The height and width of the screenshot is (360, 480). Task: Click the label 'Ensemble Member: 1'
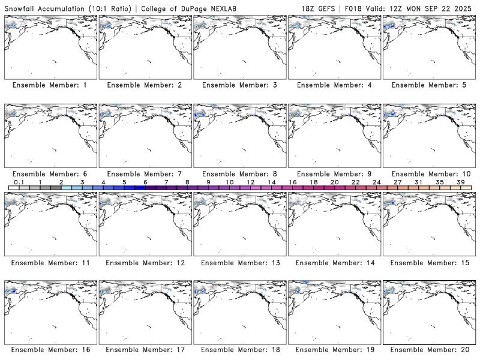pos(49,85)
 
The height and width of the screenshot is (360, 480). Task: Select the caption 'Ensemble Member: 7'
pos(144,174)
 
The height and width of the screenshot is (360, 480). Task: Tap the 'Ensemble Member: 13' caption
pos(239,263)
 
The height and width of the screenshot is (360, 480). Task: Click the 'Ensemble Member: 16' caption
pos(49,350)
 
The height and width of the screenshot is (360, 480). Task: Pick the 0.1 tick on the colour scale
pos(19,182)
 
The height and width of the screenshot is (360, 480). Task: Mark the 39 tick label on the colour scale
pos(461,182)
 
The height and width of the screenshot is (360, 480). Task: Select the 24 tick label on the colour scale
pos(377,182)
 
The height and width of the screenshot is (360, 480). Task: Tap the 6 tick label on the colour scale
pos(145,182)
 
